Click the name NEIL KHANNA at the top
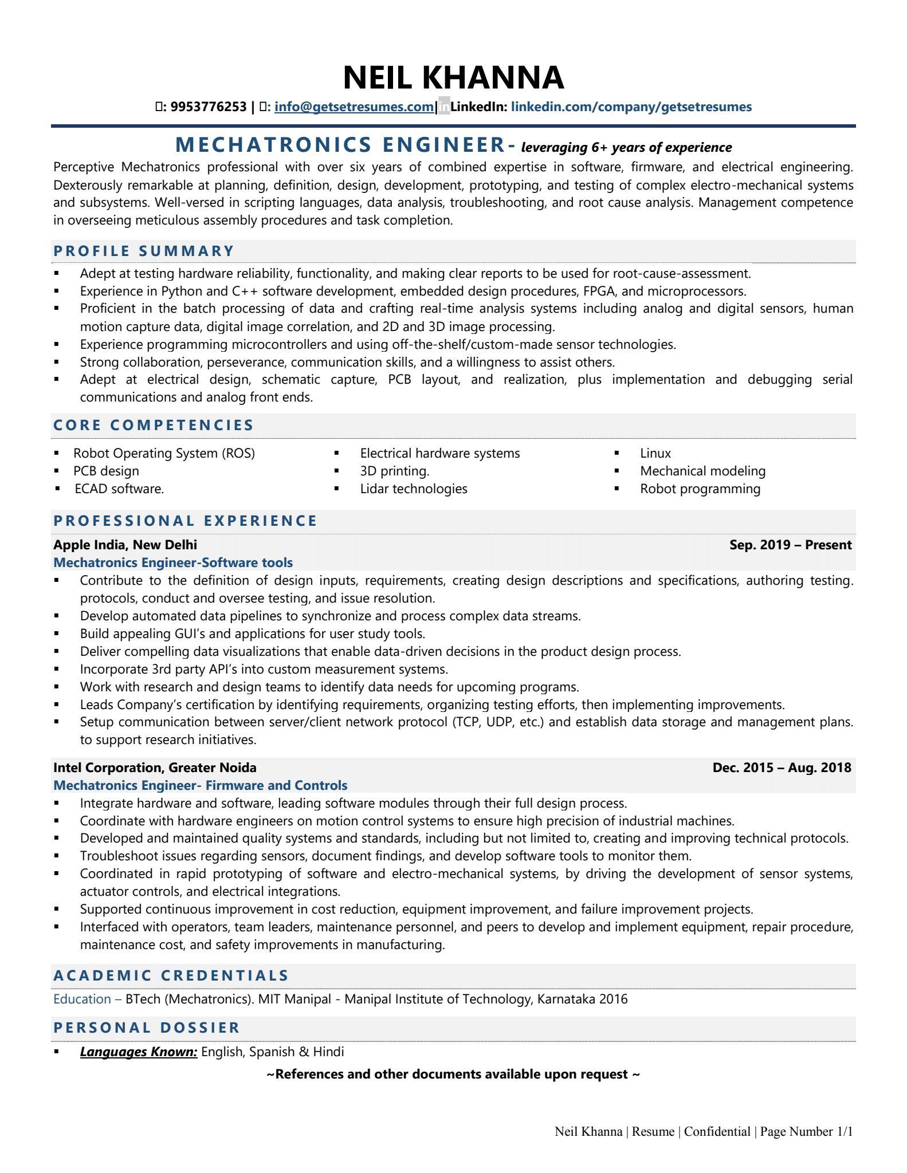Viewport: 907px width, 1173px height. [453, 78]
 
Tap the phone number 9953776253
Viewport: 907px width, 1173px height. [209, 107]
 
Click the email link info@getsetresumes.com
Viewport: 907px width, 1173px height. [354, 107]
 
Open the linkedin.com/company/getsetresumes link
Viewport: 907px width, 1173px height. [631, 107]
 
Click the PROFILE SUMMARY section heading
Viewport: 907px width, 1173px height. [144, 251]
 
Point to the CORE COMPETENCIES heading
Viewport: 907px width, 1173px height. [154, 425]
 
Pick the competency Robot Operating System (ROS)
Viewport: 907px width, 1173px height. [164, 453]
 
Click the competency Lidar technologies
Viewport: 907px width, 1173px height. [413, 489]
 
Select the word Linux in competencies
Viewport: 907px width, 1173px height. [655, 453]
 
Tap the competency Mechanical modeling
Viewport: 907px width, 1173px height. [702, 471]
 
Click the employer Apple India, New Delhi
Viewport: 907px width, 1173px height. [125, 545]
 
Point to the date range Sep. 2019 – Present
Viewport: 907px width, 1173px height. [790, 545]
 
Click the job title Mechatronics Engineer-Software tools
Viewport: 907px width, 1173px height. [172, 562]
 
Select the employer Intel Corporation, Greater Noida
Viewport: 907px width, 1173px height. [155, 767]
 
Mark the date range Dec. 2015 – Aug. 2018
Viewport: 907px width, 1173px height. [782, 767]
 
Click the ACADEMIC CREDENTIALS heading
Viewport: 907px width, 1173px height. [171, 975]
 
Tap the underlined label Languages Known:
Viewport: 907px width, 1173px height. [139, 1052]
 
